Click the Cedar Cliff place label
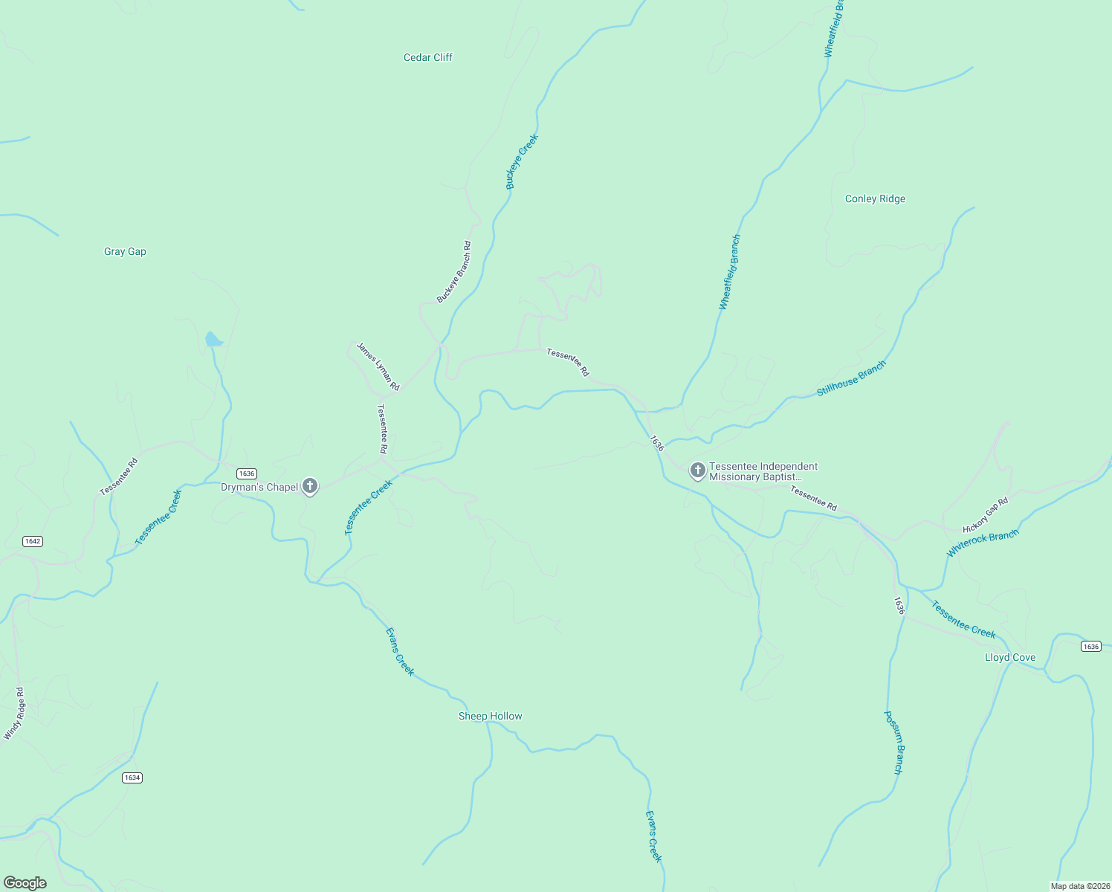[427, 57]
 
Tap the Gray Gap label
[125, 251]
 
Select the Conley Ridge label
[875, 198]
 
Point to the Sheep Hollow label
[490, 716]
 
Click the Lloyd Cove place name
[1009, 657]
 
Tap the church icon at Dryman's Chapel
[310, 486]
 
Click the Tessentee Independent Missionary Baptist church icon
[697, 471]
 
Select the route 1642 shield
[32, 541]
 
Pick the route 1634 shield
[132, 778]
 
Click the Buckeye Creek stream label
[522, 161]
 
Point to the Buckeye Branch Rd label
[453, 271]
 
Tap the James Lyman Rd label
[378, 366]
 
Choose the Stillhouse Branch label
[851, 378]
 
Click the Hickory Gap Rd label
[985, 515]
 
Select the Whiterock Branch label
[982, 543]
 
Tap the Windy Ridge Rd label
[14, 714]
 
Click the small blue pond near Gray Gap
[213, 340]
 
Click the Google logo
[25, 883]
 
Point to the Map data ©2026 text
[1079, 886]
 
